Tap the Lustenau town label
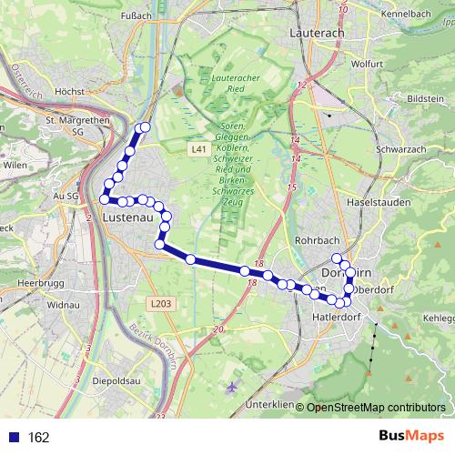click(126, 218)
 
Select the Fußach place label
click(136, 15)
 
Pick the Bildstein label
click(425, 96)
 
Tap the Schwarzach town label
click(399, 148)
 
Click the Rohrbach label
click(316, 241)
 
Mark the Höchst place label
click(69, 92)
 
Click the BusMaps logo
click(412, 437)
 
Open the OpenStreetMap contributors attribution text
click(376, 407)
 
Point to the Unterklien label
click(269, 404)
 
